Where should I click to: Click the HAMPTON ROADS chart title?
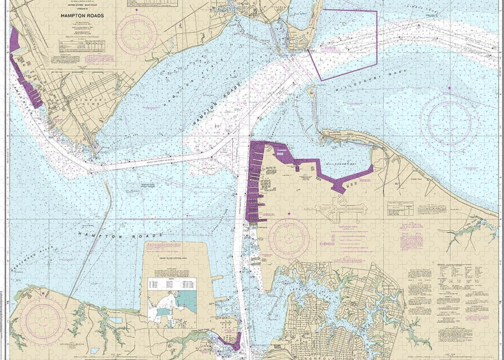coord(82,16)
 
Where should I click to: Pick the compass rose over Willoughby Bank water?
coord(449,121)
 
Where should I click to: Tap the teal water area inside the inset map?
coord(186,301)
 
